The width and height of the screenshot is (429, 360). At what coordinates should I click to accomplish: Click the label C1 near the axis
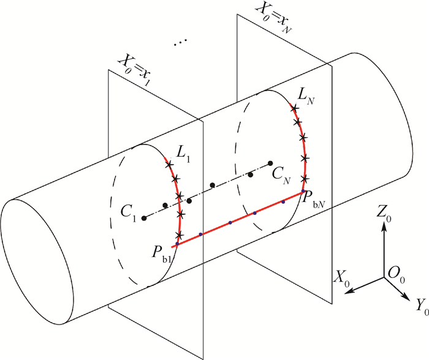click(129, 212)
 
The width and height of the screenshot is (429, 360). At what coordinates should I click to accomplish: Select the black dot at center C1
click(144, 218)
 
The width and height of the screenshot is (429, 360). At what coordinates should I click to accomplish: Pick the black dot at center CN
click(270, 163)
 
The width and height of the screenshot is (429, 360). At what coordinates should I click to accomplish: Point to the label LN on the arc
click(306, 96)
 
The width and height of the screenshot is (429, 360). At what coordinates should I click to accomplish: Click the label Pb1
click(161, 254)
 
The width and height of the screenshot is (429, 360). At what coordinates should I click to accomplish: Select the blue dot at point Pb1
click(177, 244)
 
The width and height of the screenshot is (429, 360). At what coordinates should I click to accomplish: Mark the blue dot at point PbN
click(303, 191)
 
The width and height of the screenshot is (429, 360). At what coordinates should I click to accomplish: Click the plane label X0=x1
click(134, 72)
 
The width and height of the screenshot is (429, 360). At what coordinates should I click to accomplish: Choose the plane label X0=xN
click(273, 18)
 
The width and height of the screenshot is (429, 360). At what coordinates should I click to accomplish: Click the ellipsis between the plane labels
click(181, 42)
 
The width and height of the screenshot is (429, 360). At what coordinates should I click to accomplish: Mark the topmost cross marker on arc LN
click(294, 108)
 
